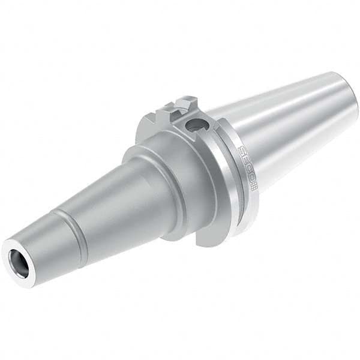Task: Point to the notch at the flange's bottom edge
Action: coord(207,240)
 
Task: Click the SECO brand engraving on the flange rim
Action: coord(245,167)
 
